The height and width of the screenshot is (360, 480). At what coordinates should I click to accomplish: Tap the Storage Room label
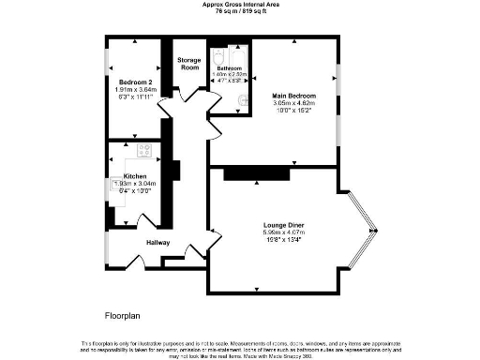[189, 64]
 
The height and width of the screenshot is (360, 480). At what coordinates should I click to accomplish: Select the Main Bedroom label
[294, 97]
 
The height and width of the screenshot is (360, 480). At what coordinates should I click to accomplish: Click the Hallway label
[157, 244]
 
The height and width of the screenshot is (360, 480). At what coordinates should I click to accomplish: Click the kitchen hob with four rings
[146, 150]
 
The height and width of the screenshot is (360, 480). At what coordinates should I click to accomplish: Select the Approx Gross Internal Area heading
[239, 4]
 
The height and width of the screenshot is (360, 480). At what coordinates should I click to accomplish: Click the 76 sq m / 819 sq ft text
[239, 11]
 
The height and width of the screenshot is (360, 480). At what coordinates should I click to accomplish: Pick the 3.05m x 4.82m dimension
[294, 104]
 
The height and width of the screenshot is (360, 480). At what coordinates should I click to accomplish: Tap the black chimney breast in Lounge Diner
[256, 173]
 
